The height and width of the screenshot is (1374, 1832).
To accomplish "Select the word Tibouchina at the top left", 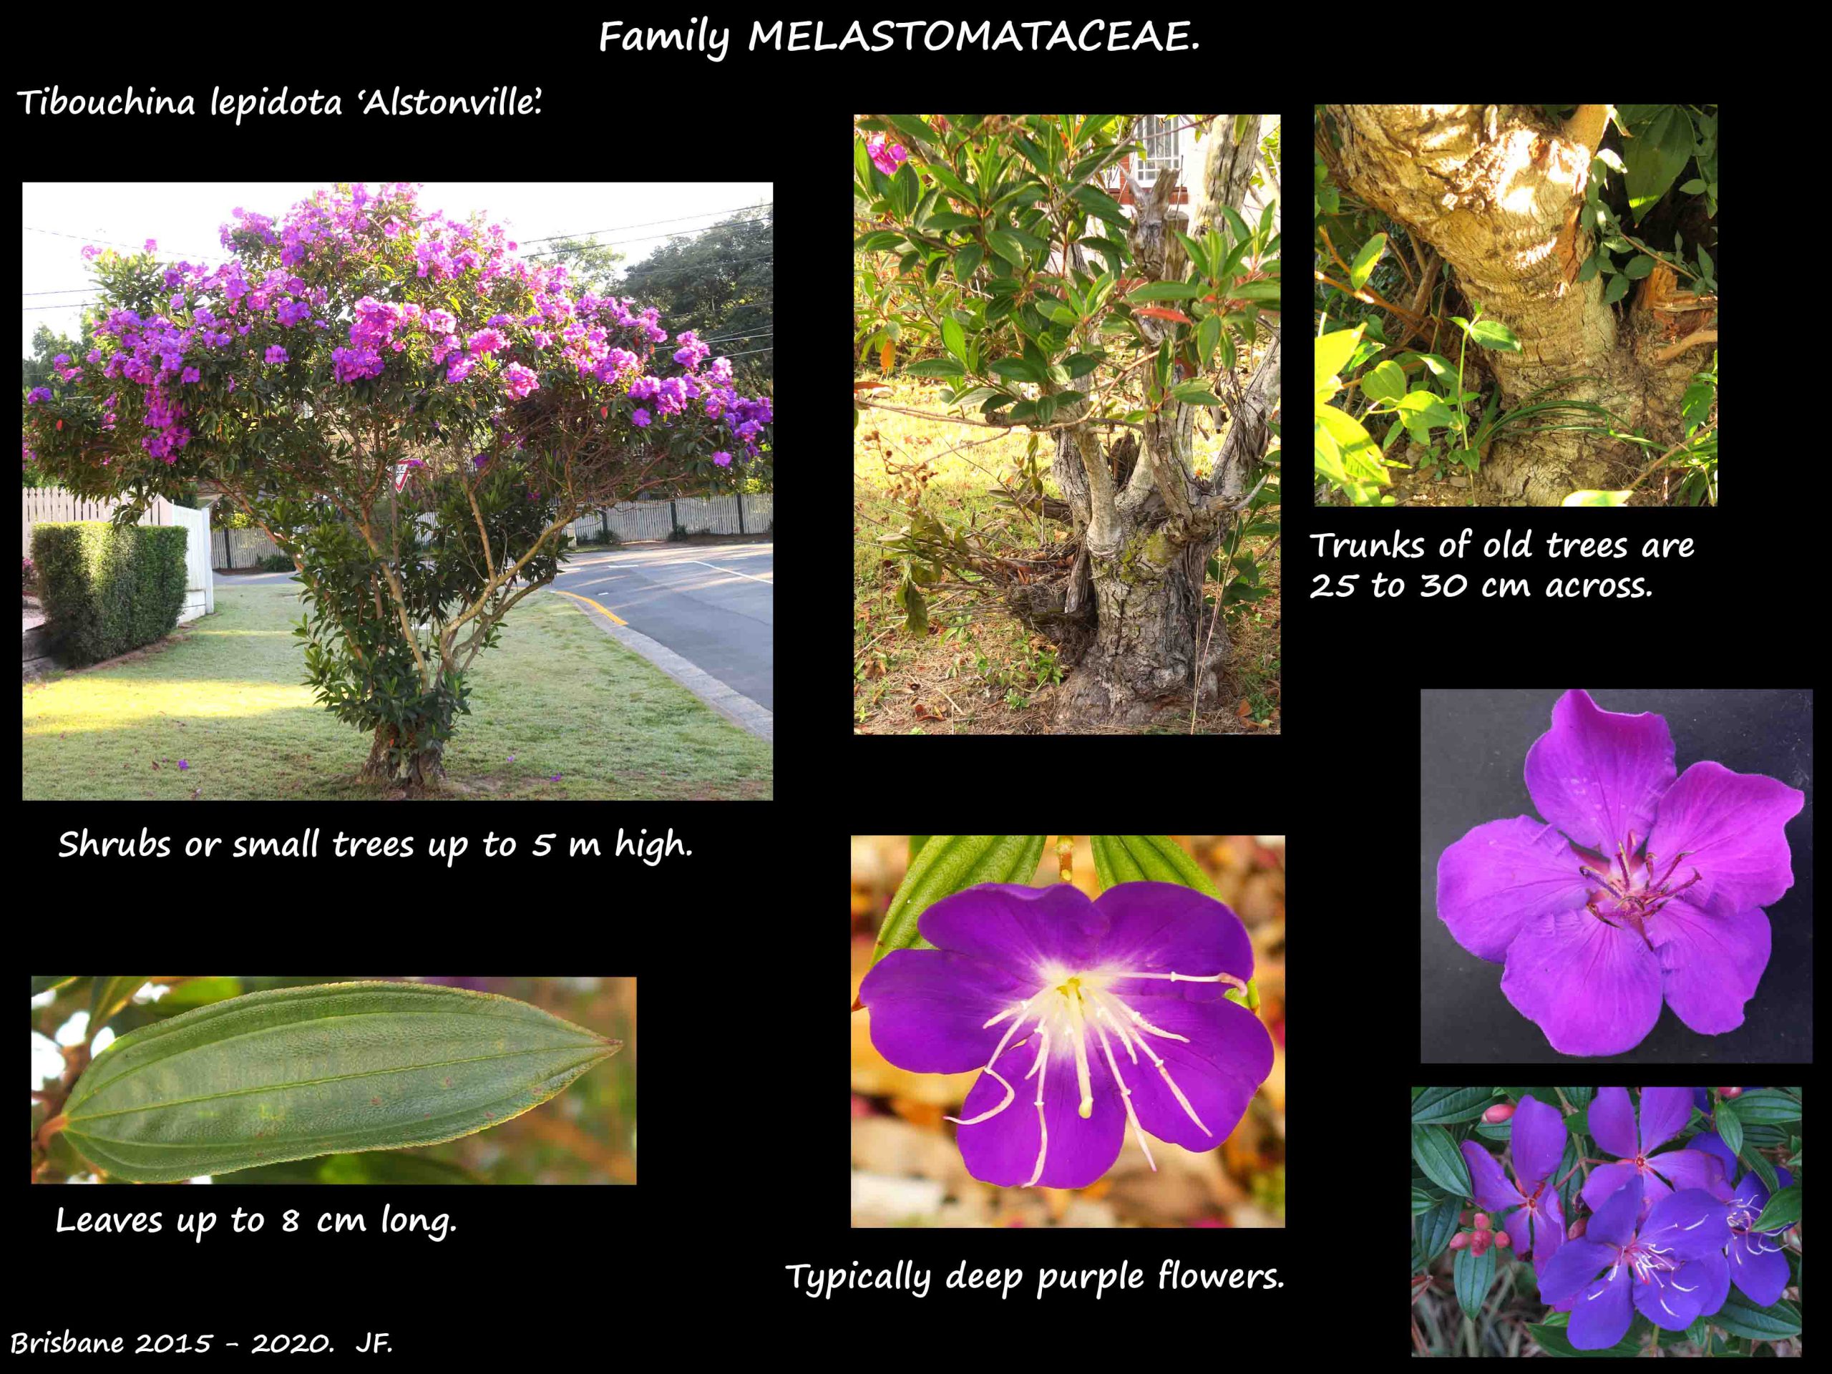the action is (105, 104).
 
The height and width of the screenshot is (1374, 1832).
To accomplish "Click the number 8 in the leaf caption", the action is (289, 1221).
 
